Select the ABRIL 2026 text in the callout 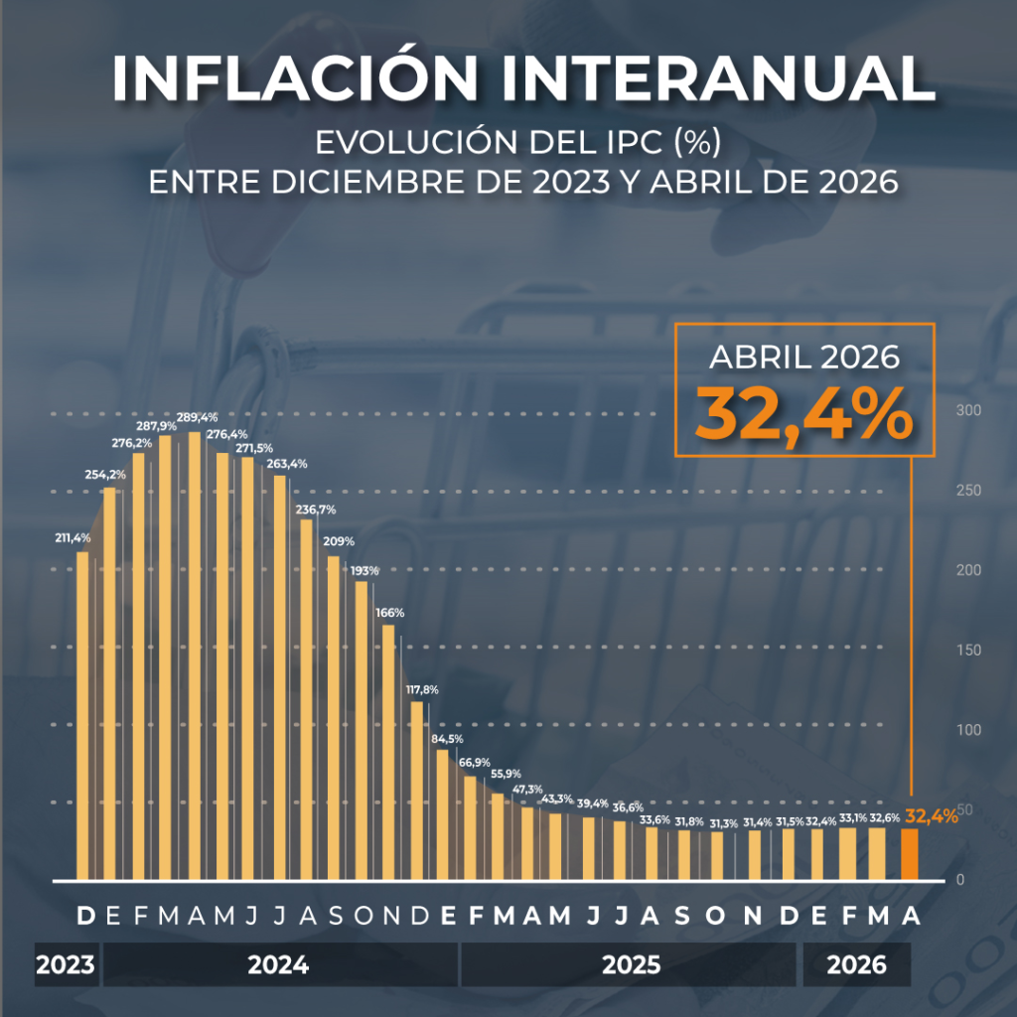pyautogui.click(x=804, y=358)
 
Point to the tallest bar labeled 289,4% pyautogui.click(x=195, y=655)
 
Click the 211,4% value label pyautogui.click(x=73, y=537)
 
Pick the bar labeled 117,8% pyautogui.click(x=416, y=791)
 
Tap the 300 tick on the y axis pyautogui.click(x=968, y=410)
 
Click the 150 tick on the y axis pyautogui.click(x=968, y=650)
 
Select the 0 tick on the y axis pyautogui.click(x=960, y=880)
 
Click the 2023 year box pyautogui.click(x=66, y=964)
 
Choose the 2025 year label pyautogui.click(x=631, y=964)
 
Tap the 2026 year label pyautogui.click(x=856, y=964)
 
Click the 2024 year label pyautogui.click(x=278, y=964)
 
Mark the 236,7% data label pyautogui.click(x=316, y=509)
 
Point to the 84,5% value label pyautogui.click(x=448, y=739)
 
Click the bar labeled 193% pyautogui.click(x=362, y=730)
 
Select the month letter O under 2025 pyautogui.click(x=715, y=916)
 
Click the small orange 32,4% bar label pyautogui.click(x=932, y=816)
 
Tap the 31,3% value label pyautogui.click(x=723, y=823)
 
